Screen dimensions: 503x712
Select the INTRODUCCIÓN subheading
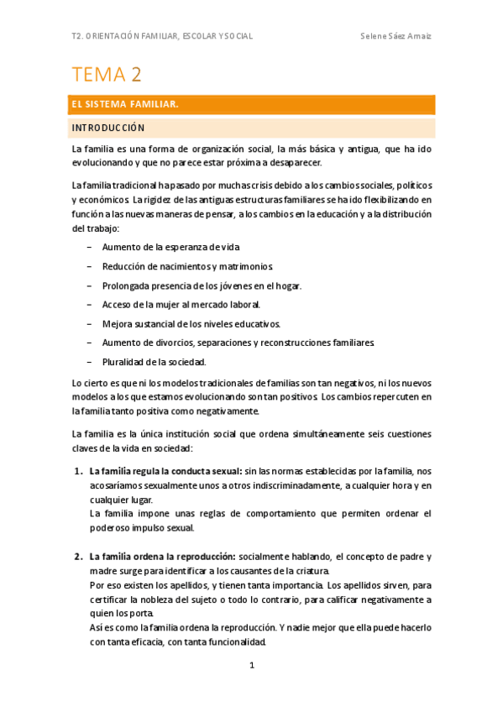tap(108, 128)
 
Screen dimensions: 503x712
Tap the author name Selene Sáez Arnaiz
tap(396, 36)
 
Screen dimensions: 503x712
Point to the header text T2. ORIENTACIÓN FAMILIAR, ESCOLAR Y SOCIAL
tap(163, 36)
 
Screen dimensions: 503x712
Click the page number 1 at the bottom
tap(251, 666)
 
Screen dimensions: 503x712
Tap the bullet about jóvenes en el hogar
tap(202, 285)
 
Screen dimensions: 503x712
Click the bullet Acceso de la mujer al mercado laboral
tap(181, 304)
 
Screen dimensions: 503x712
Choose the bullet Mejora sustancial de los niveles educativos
tap(191, 323)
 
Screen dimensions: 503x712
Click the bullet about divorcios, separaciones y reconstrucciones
tap(238, 343)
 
